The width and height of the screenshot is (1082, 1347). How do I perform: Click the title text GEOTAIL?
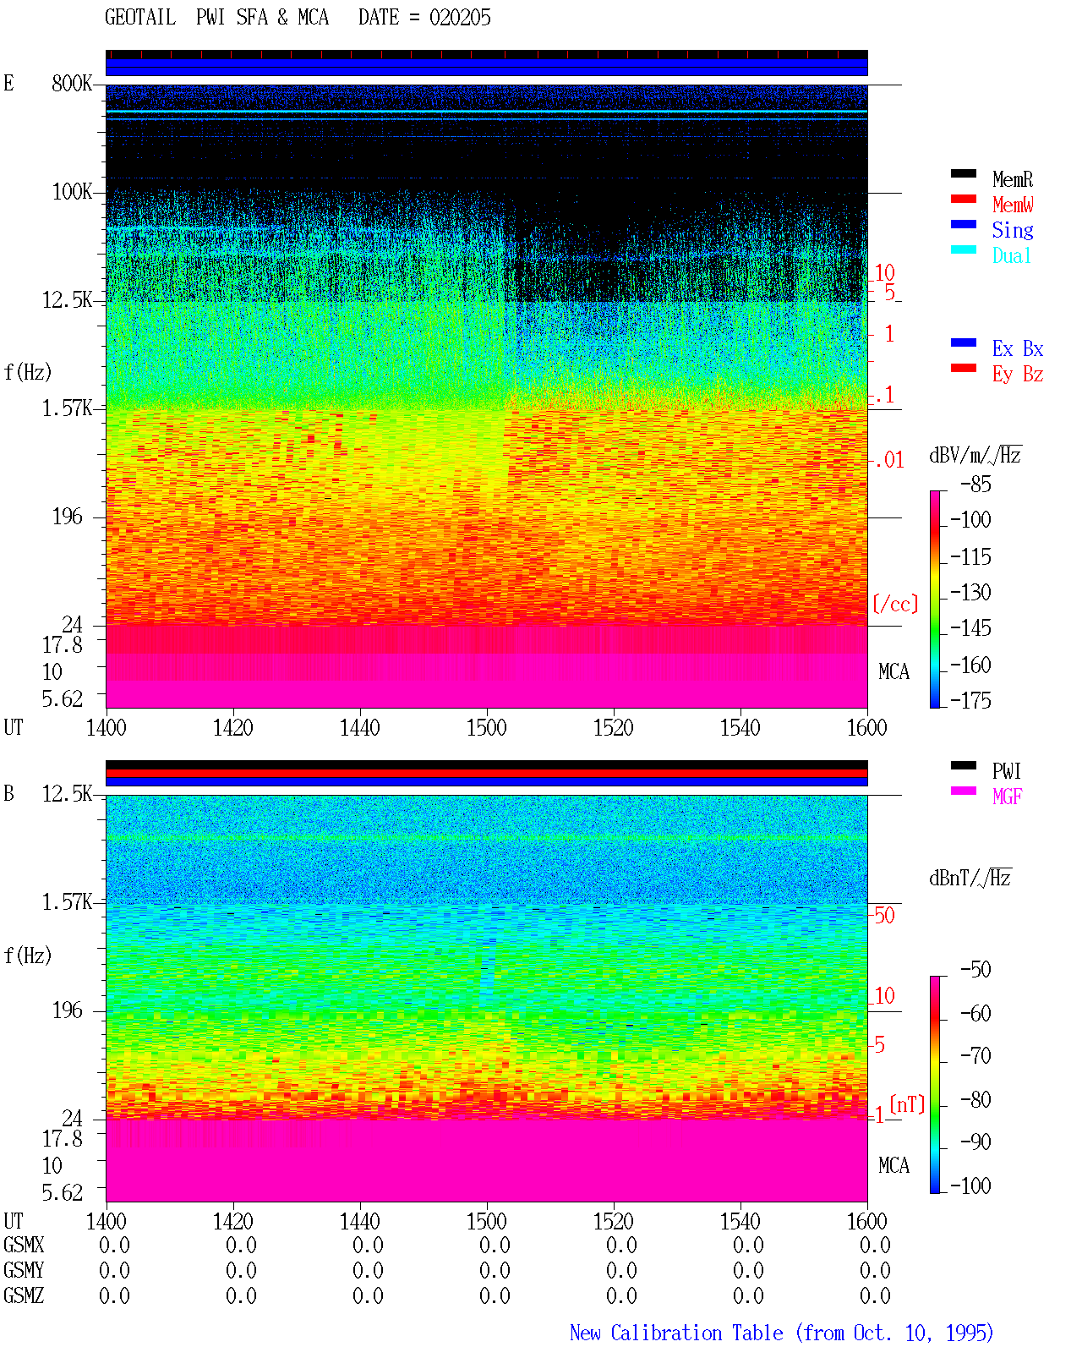click(140, 18)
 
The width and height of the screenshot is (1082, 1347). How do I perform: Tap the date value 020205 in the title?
click(460, 18)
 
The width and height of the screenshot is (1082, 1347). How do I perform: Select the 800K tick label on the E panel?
click(72, 83)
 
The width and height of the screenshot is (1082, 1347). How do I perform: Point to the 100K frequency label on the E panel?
click(72, 192)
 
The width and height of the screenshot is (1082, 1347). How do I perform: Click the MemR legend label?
click(1013, 179)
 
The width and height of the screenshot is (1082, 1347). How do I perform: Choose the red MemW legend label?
click(1013, 205)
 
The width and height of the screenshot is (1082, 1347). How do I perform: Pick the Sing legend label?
click(1013, 230)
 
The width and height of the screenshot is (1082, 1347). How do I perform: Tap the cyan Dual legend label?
click(1012, 255)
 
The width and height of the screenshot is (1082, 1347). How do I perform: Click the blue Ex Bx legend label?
click(1018, 348)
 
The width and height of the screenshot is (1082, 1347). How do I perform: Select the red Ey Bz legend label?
click(1018, 375)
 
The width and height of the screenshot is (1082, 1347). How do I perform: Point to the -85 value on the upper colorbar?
click(975, 484)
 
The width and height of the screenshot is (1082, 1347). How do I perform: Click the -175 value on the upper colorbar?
click(970, 700)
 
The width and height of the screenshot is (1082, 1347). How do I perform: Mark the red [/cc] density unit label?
click(895, 604)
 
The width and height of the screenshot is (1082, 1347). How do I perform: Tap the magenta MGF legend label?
click(1007, 797)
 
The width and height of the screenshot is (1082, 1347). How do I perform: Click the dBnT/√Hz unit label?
click(970, 879)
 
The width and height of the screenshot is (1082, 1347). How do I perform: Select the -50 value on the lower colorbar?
click(975, 970)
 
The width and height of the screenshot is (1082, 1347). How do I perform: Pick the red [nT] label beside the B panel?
click(907, 1104)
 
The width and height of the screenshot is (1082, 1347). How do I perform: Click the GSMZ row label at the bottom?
click(24, 1295)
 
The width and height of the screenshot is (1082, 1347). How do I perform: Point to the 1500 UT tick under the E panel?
click(486, 727)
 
